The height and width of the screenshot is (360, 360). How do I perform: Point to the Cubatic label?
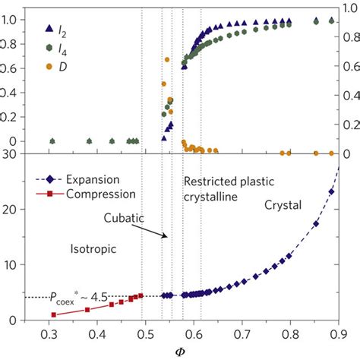click(x=125, y=218)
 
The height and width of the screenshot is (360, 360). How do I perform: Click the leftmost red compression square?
click(x=53, y=314)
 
